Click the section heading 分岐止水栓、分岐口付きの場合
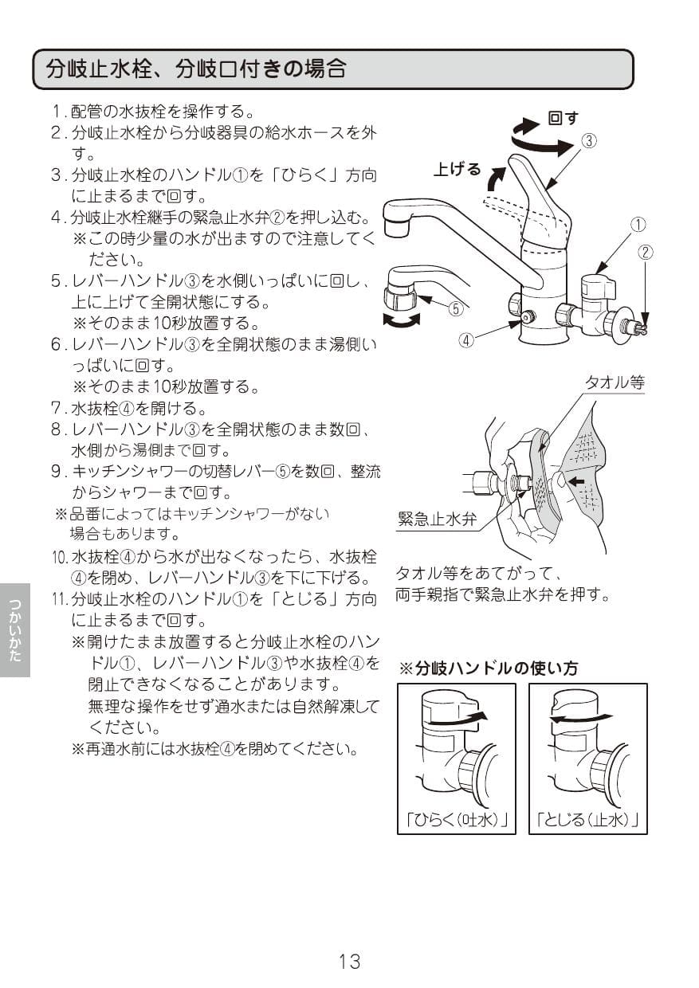click(196, 69)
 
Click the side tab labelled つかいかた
click(15, 629)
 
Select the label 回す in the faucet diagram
click(563, 118)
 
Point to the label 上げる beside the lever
click(457, 169)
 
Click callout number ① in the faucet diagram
click(638, 224)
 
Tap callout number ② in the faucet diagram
click(646, 253)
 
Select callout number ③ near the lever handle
click(588, 141)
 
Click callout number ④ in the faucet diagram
click(466, 339)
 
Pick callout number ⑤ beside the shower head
click(455, 309)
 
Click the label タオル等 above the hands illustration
click(615, 382)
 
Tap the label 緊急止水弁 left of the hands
click(437, 520)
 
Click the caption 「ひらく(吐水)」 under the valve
click(456, 819)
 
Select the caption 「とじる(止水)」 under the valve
click(588, 819)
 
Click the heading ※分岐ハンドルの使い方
click(488, 668)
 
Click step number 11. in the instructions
click(59, 598)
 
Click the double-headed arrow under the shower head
click(403, 320)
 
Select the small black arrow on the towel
click(576, 481)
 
